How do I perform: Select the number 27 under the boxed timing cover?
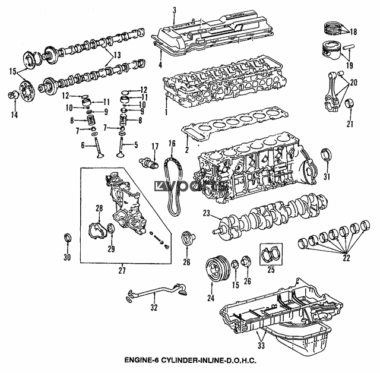122,270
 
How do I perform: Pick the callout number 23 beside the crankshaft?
206,213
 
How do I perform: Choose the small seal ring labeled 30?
67,239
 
